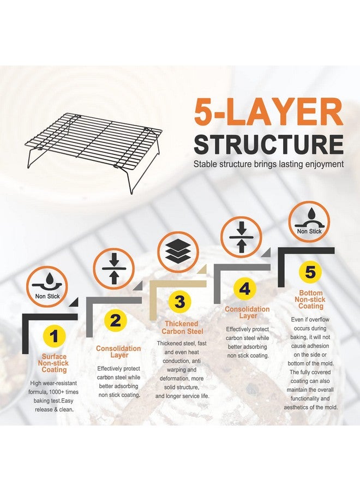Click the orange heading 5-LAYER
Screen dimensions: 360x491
coord(268,112)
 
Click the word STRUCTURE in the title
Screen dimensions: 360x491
coord(268,145)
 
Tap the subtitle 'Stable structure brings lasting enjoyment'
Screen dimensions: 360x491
coord(268,164)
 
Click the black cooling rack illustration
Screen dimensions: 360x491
coord(93,153)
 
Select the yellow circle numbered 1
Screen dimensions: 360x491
coord(55,337)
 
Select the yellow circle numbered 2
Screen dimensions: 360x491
coord(115,320)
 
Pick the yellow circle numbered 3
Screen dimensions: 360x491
coord(179,302)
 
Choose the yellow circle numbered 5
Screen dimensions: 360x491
coord(310,272)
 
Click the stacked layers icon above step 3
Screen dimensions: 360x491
coord(178,252)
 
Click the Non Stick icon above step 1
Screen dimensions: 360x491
coord(47,287)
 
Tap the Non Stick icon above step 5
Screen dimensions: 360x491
coord(309,221)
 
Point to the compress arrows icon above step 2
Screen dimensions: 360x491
coord(114,269)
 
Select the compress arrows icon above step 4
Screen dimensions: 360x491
coord(241,237)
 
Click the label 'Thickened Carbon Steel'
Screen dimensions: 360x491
coord(182,327)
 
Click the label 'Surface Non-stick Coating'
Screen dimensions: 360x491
coord(53,363)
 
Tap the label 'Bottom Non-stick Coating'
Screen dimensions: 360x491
coord(310,300)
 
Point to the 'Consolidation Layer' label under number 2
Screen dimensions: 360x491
coord(118,352)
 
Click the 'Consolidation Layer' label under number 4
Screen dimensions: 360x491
coord(247,312)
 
